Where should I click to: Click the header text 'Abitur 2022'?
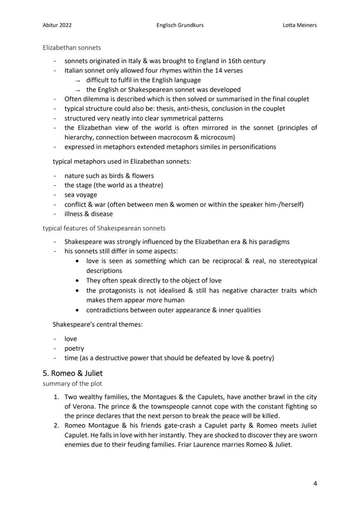57,25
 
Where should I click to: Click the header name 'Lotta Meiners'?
300,25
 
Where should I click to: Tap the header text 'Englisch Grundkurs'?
180,25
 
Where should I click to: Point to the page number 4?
315,483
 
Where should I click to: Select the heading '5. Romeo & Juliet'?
73,373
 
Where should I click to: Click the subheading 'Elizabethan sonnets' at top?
72,47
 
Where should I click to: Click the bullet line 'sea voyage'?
81,195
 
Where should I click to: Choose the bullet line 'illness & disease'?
89,214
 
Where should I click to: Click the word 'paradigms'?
273,242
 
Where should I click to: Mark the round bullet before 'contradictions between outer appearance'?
77,310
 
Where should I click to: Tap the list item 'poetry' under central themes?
74,349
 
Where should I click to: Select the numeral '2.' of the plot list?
57,426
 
